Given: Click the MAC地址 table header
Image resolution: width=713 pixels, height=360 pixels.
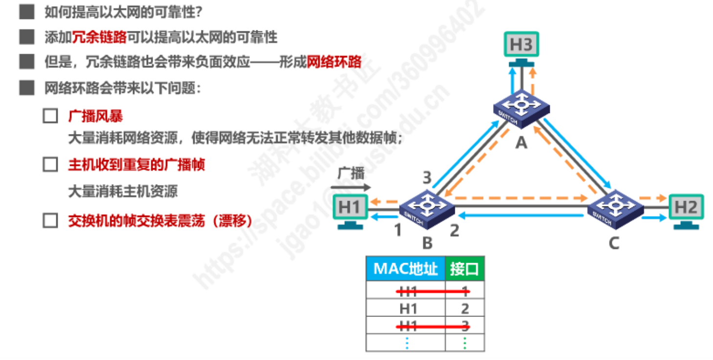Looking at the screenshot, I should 405,269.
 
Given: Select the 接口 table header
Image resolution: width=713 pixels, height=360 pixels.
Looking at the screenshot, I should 465,269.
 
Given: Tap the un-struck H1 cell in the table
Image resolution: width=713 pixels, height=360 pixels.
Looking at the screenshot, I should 408,309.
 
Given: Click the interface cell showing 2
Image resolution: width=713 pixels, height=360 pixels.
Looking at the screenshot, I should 465,309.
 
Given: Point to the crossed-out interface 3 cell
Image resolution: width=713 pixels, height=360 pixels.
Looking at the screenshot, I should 465,325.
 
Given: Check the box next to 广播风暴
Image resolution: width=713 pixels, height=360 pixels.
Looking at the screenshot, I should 50,116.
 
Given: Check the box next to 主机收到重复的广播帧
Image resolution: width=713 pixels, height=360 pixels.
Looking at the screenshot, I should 50,164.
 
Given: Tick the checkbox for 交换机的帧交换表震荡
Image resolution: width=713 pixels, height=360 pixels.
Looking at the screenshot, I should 50,221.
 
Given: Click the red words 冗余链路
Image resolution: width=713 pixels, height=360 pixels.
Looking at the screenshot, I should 99,37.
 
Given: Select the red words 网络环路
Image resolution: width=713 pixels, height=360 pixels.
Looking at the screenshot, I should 334,62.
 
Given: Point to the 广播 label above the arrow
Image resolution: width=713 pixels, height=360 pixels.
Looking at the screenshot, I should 351,174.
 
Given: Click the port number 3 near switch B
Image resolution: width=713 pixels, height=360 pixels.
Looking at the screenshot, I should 427,178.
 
